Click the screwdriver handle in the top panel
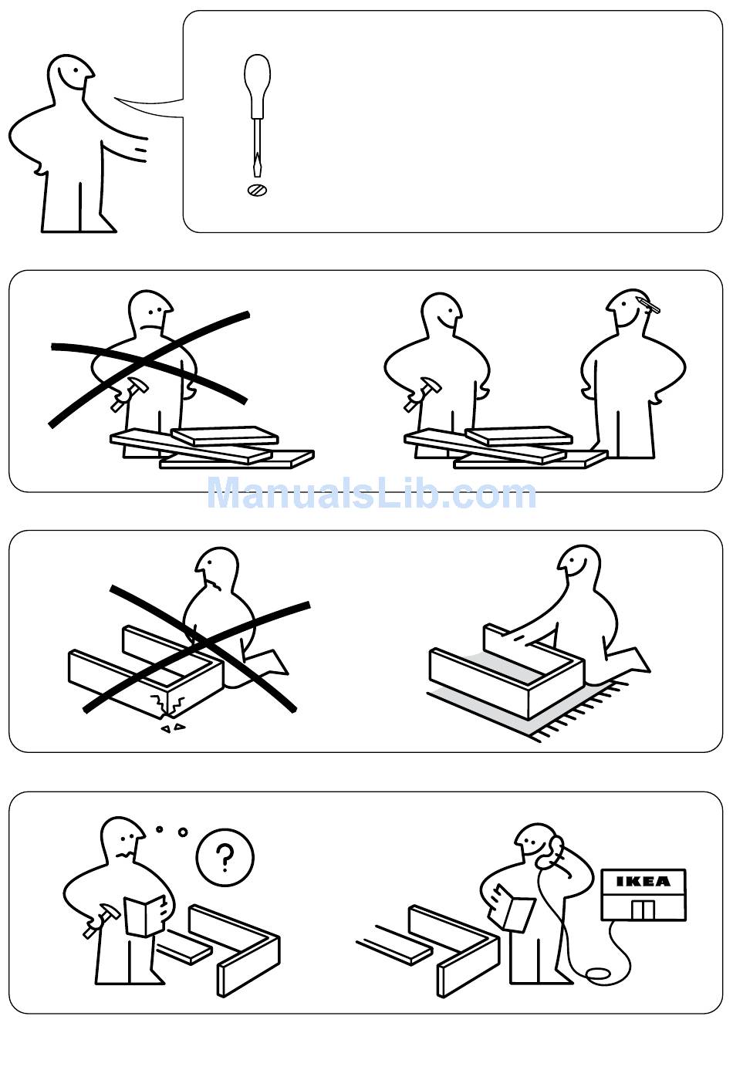[257, 85]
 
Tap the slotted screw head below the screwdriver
[257, 190]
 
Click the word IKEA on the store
[643, 881]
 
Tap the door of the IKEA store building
[643, 910]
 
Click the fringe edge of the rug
[580, 712]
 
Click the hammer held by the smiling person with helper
[422, 393]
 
